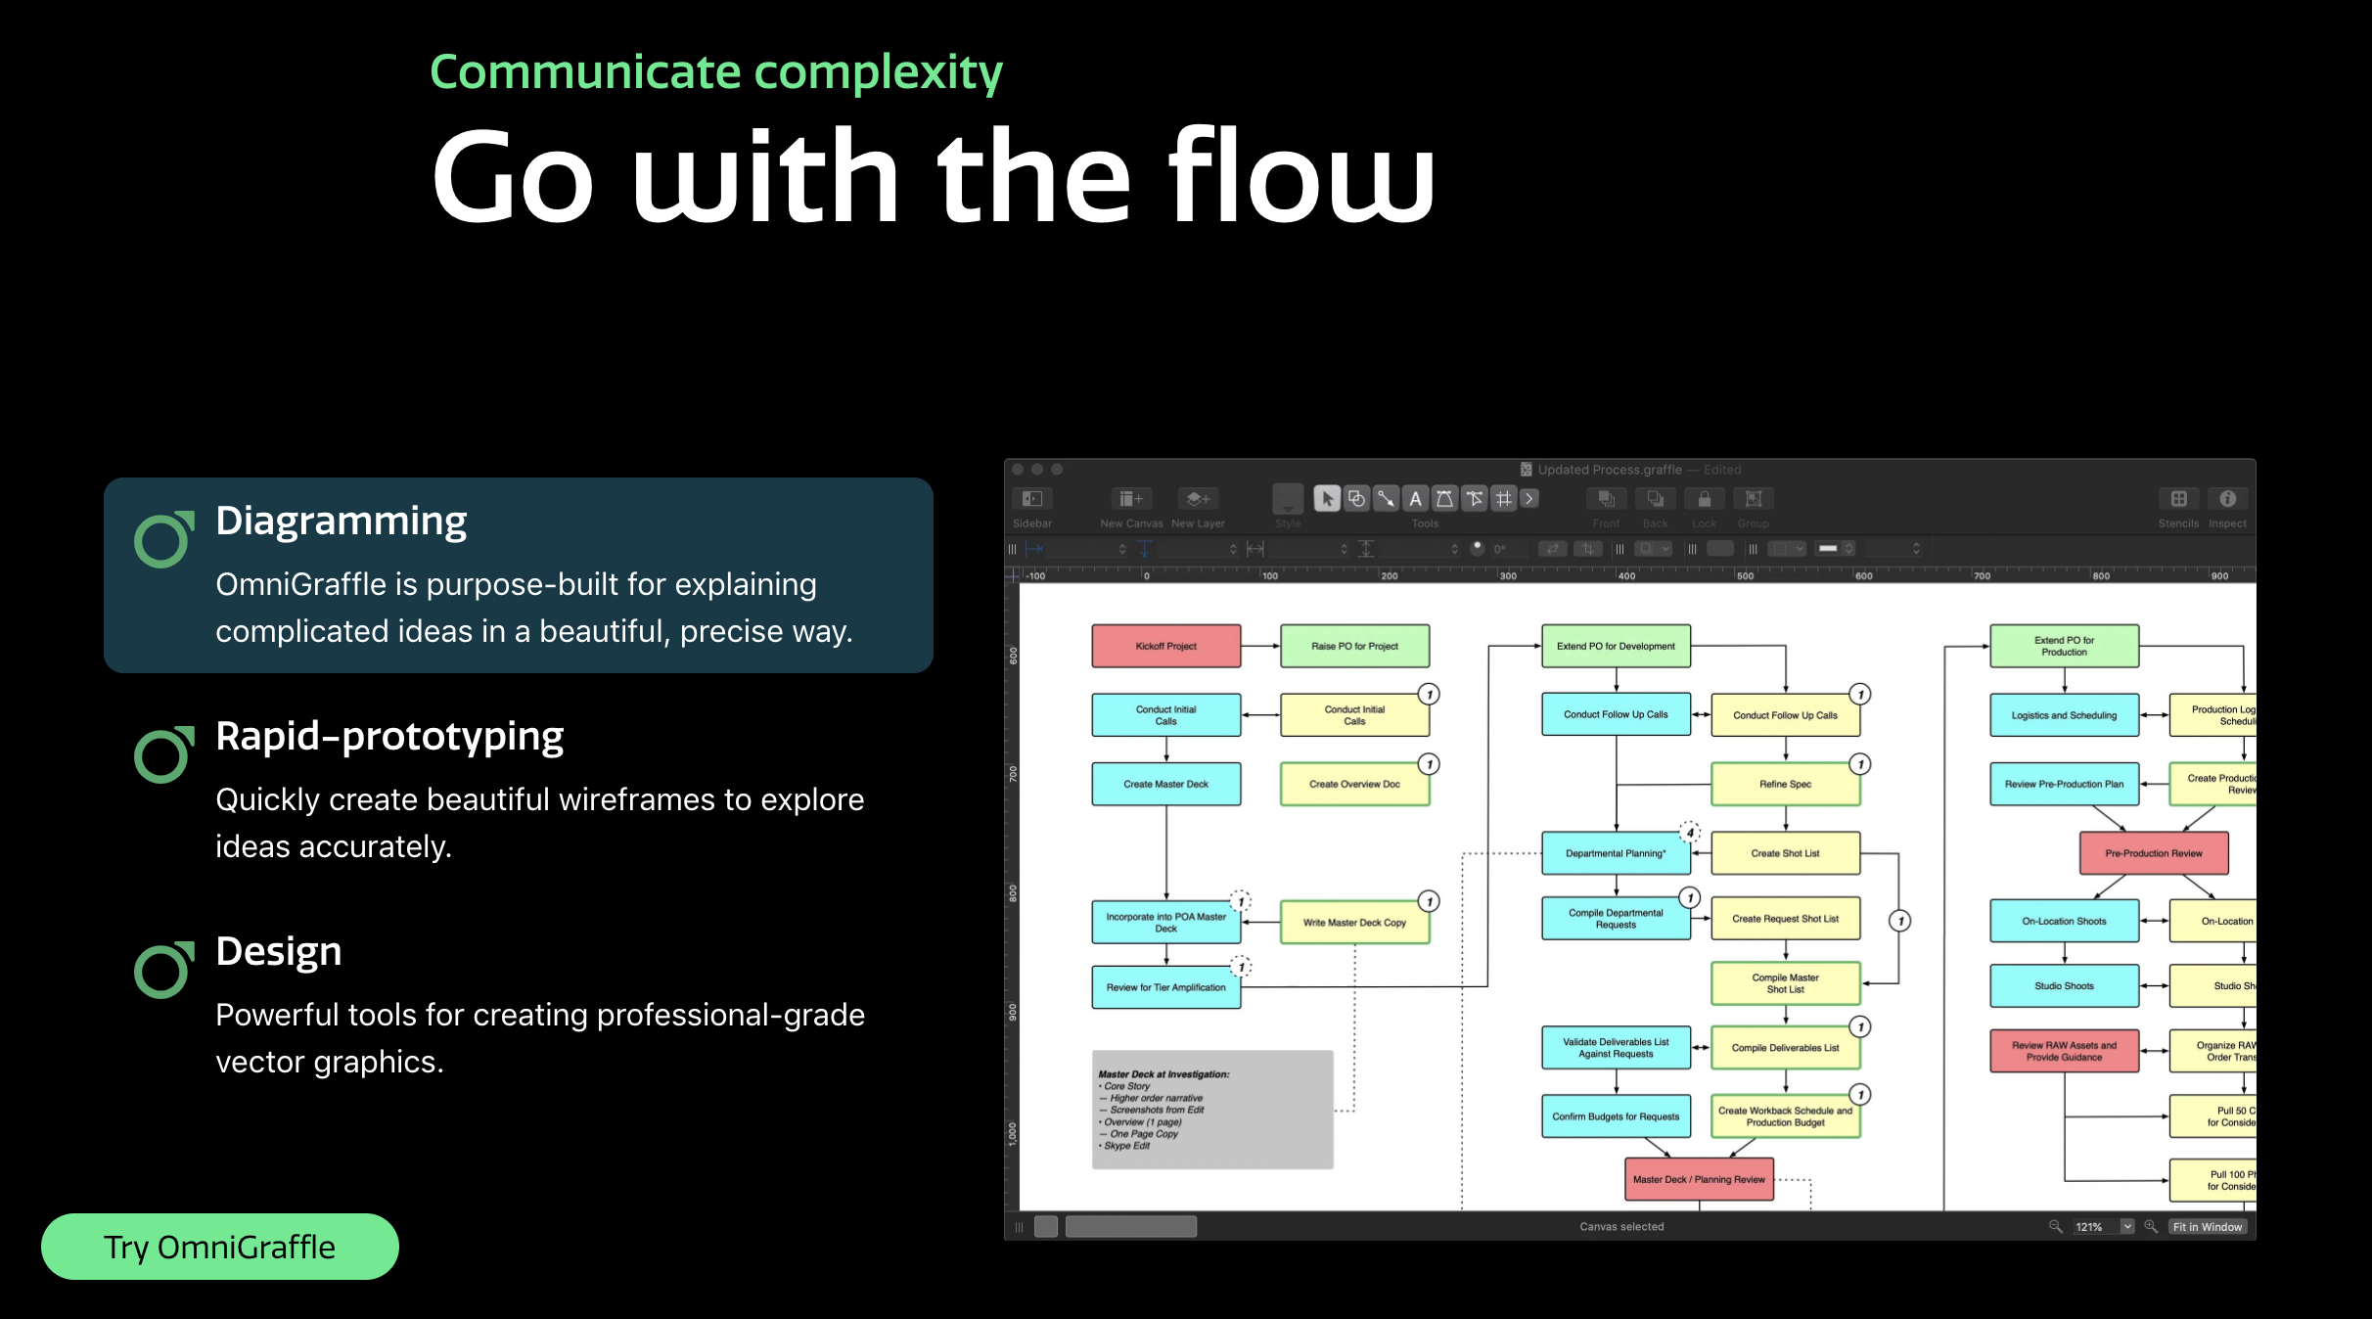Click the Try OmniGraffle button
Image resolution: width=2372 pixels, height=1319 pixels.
pos(219,1247)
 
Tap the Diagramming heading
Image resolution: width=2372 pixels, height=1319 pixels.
pos(341,521)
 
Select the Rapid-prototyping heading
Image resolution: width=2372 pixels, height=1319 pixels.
pos(389,736)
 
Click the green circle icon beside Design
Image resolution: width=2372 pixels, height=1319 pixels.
pos(163,970)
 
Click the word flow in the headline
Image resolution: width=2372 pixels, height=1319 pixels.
pos(1301,176)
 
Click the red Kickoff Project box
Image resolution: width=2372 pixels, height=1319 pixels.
pos(1165,646)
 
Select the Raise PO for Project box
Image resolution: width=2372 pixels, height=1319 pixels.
pos(1354,646)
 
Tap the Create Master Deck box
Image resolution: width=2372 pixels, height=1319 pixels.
pos(1165,784)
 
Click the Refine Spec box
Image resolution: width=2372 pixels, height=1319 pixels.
pos(1785,784)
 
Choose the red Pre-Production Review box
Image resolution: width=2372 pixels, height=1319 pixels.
pos(2153,853)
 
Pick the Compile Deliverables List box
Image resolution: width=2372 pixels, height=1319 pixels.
pos(1785,1048)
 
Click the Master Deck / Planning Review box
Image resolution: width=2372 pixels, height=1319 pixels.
pos(1699,1179)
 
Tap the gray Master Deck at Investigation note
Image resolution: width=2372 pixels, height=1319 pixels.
pos(1211,1110)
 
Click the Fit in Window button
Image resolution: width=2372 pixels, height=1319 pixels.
pos(2207,1226)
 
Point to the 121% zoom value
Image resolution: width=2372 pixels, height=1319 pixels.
pos(2089,1226)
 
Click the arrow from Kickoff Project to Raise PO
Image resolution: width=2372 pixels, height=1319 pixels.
pos(1260,646)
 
